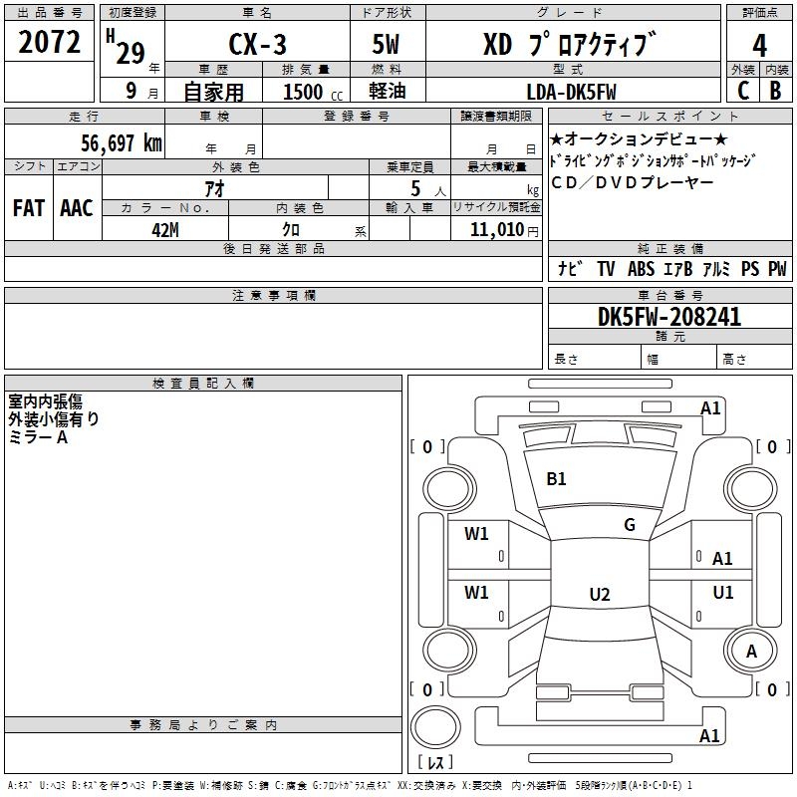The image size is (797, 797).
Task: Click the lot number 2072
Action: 49,42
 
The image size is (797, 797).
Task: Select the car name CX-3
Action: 257,44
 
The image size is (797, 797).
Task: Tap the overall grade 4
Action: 759,46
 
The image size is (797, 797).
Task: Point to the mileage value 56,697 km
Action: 122,142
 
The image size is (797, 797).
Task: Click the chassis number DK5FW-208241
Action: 669,317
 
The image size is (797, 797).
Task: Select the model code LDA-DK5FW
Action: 571,92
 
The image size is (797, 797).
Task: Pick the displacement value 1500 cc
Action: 313,92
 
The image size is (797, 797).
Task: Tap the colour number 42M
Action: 165,230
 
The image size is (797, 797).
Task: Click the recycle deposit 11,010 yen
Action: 504,230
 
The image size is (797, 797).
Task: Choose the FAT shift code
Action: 29,208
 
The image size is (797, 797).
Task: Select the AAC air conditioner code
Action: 77,208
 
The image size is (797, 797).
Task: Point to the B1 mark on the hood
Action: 556,479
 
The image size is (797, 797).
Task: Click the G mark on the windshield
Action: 630,525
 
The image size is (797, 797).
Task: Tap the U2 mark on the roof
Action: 600,594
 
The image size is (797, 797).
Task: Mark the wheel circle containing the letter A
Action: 750,651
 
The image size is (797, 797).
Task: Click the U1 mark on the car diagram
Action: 723,592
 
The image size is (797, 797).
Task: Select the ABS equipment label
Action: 641,269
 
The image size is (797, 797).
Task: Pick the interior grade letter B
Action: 776,91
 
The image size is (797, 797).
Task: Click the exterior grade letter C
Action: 743,91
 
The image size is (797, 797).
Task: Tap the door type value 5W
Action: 386,44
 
